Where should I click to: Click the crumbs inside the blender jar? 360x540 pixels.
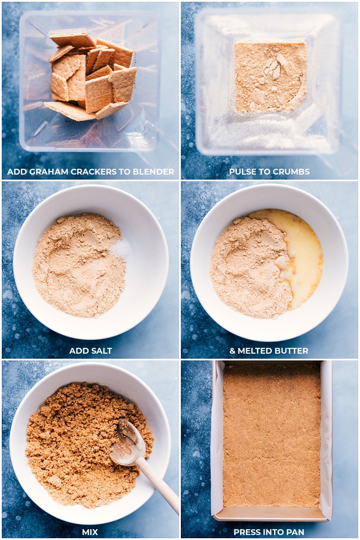point(271,77)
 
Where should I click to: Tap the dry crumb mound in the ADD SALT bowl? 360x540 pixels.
point(78,265)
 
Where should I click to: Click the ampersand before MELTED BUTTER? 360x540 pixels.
point(232,351)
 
